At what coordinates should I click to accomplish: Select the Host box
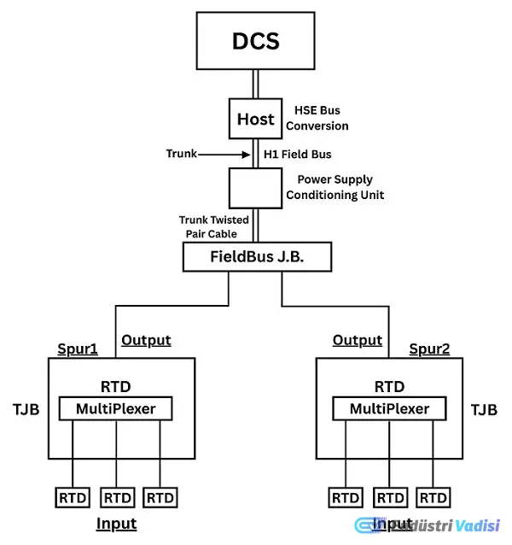(255, 119)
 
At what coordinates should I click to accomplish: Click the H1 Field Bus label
(298, 155)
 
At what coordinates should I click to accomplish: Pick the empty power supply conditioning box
(255, 189)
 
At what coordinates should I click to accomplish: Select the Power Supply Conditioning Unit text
(335, 188)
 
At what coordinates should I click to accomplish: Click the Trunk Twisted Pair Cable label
(214, 226)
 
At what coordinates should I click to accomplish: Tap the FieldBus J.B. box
(255, 256)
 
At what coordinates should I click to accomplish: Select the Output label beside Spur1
(146, 340)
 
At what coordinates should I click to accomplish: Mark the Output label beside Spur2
(358, 340)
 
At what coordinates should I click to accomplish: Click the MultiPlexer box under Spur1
(116, 409)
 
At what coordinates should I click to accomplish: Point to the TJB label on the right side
(484, 410)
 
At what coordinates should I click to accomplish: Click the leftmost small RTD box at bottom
(72, 497)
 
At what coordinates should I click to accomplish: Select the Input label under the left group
(116, 522)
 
